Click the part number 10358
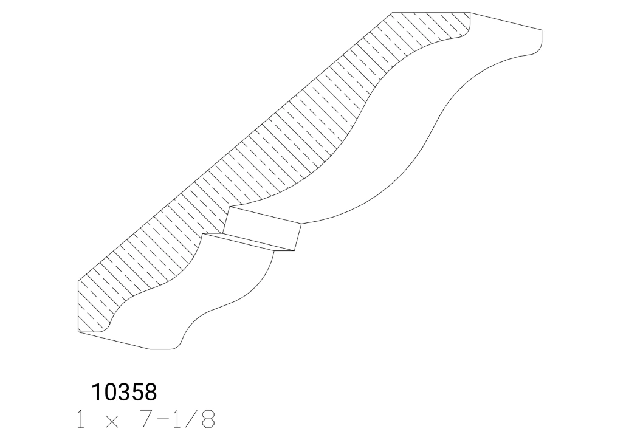click(x=124, y=393)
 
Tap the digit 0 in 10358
click(x=109, y=393)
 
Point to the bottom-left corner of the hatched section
click(x=79, y=332)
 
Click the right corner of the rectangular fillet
click(x=301, y=224)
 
